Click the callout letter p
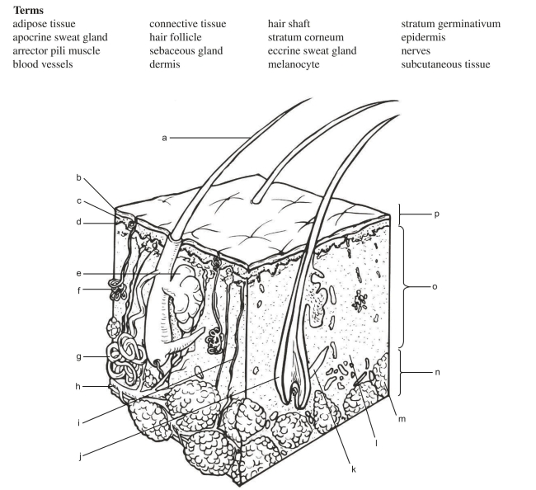tap(437, 214)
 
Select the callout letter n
tap(437, 372)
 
